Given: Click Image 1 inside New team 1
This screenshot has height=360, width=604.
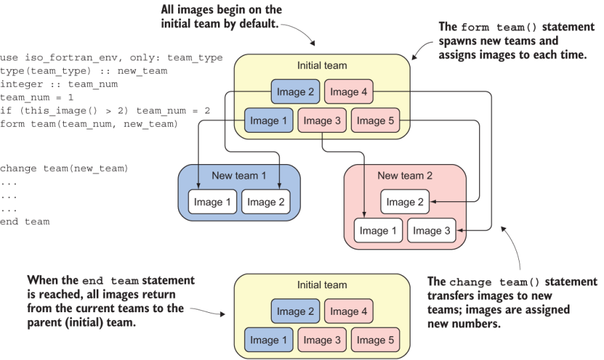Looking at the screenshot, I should [x=213, y=202].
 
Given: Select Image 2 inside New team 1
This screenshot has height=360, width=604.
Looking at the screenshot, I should [x=266, y=202].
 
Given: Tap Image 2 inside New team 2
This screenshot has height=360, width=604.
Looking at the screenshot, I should [x=405, y=202].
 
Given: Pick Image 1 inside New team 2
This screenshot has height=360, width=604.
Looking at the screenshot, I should [x=378, y=230].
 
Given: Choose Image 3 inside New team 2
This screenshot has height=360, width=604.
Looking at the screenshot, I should [x=432, y=230].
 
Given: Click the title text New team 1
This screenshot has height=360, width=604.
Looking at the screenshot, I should [x=239, y=175].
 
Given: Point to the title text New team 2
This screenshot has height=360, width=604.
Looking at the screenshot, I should [x=405, y=175].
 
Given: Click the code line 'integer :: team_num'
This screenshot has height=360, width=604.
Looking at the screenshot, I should [x=58, y=84].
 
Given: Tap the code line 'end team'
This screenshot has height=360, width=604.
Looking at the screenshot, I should [x=25, y=222].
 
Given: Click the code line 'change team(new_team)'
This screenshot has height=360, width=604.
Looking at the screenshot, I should [x=64, y=169].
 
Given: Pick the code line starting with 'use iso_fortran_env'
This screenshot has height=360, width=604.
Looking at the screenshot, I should [x=111, y=58].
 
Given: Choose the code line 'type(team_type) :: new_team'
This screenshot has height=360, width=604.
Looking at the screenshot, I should [x=83, y=71].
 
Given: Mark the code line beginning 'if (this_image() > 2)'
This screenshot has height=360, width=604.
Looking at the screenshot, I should [x=104, y=111].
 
